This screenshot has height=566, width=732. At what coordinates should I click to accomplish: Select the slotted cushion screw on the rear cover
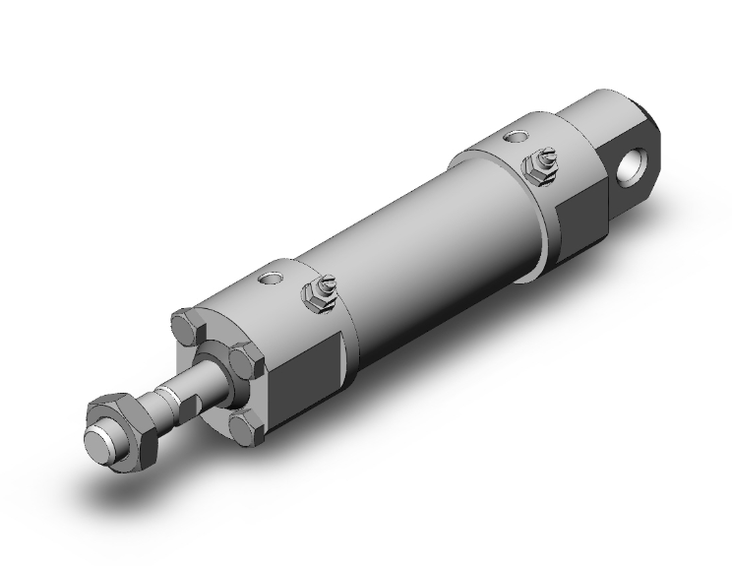pos(540,158)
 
